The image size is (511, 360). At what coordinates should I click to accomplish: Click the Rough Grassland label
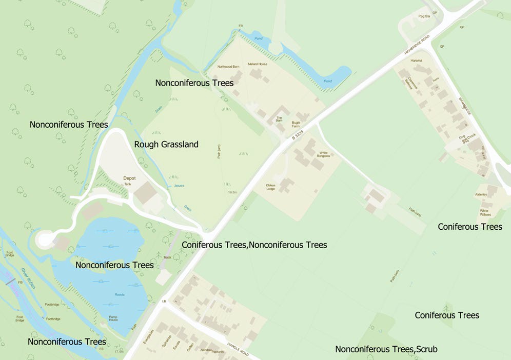click(166, 145)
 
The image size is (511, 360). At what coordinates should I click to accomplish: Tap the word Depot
click(129, 178)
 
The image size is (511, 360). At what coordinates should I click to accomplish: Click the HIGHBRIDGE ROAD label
click(416, 46)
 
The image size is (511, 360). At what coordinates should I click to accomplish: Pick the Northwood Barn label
click(228, 67)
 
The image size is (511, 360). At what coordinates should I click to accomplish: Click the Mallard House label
click(258, 64)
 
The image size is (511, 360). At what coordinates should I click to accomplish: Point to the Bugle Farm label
click(296, 125)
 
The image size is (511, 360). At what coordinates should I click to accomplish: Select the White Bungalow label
click(324, 154)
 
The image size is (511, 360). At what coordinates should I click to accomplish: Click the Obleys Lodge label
click(270, 187)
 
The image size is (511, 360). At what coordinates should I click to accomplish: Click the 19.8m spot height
click(232, 192)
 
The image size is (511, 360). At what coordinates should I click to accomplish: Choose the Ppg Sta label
click(423, 16)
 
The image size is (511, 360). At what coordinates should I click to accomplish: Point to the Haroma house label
click(416, 61)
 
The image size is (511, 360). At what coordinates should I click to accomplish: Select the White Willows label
click(485, 212)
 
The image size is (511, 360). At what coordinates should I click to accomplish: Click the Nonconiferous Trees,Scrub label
click(386, 349)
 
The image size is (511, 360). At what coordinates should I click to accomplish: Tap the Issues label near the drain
click(179, 185)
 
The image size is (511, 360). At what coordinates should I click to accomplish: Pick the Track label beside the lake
click(167, 257)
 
